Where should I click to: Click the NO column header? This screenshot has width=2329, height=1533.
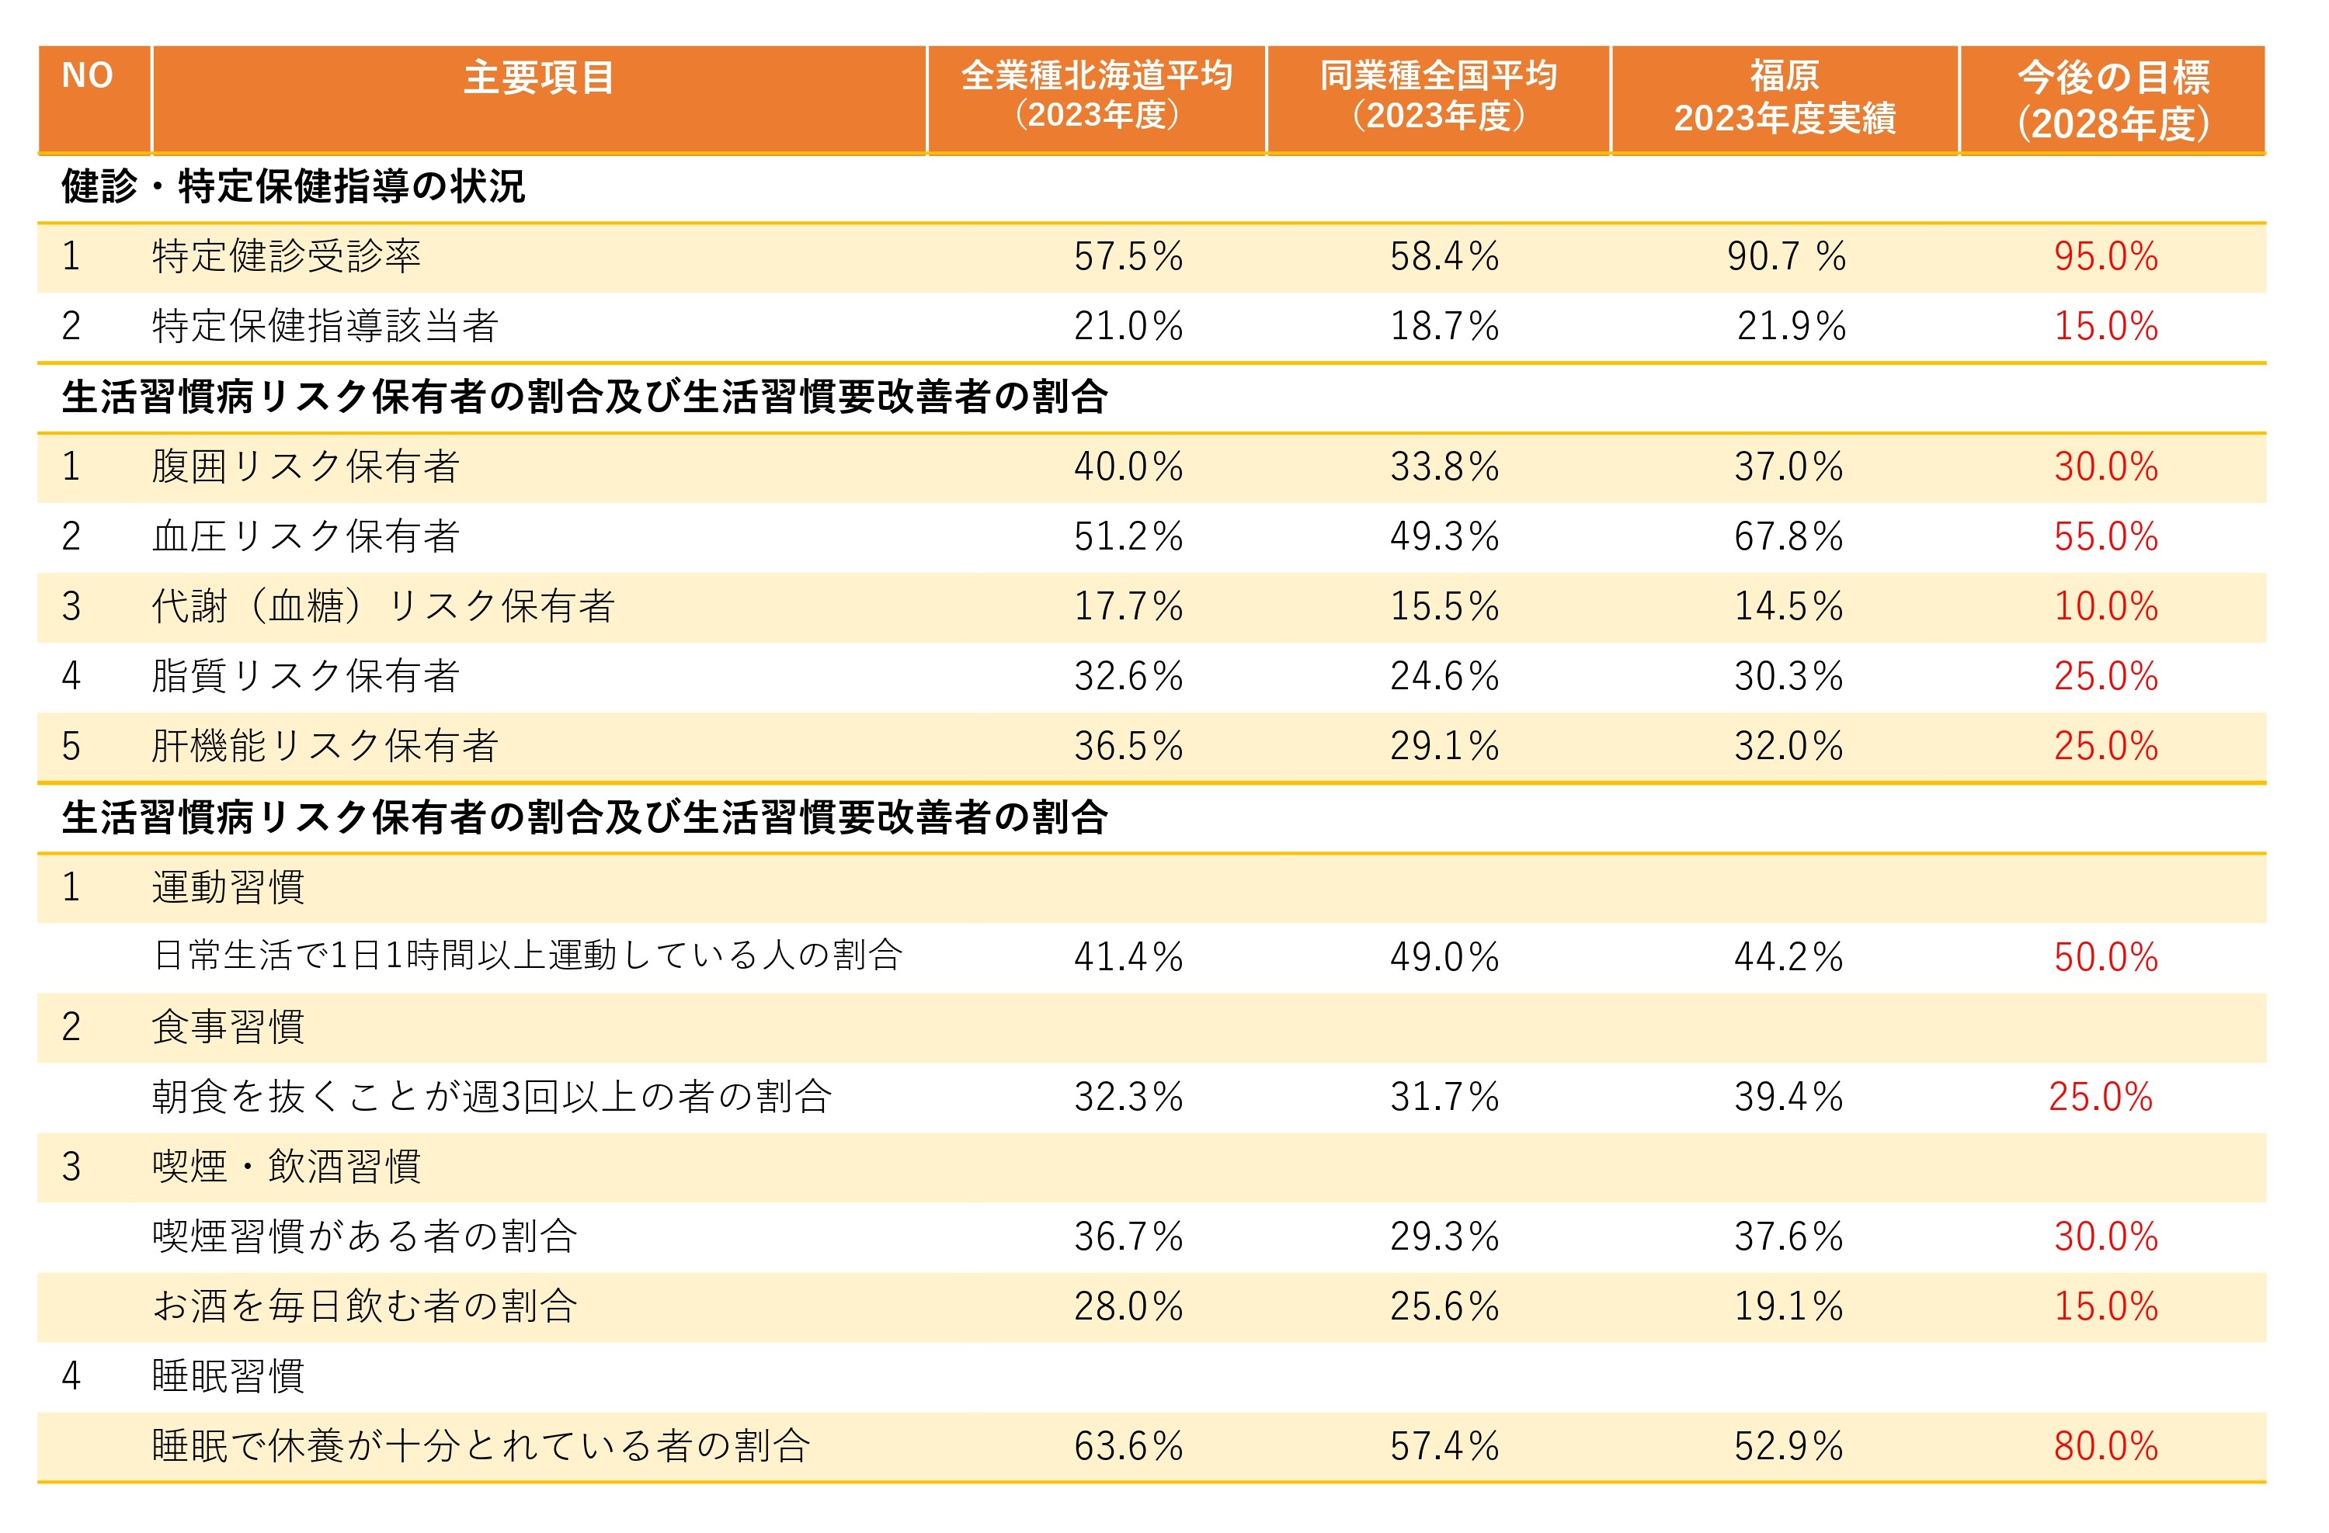coord(87,76)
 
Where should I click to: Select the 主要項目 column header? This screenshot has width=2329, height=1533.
coord(538,78)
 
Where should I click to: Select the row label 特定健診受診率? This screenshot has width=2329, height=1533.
coord(286,256)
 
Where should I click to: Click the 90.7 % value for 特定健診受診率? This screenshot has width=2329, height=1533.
coord(1786,256)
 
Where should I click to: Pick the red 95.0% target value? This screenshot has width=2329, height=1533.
coord(2105,256)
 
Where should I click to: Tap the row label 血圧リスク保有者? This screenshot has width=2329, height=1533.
coord(305,536)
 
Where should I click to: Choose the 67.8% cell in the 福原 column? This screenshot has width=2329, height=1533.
coord(1788,536)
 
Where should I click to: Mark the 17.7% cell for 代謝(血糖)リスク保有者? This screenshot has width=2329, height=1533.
coord(1128,606)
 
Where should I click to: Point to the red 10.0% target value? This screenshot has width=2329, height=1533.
coord(2105,606)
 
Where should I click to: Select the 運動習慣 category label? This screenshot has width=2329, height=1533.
coord(228,887)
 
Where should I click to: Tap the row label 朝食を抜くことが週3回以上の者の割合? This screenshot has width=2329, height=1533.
coord(492,1097)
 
